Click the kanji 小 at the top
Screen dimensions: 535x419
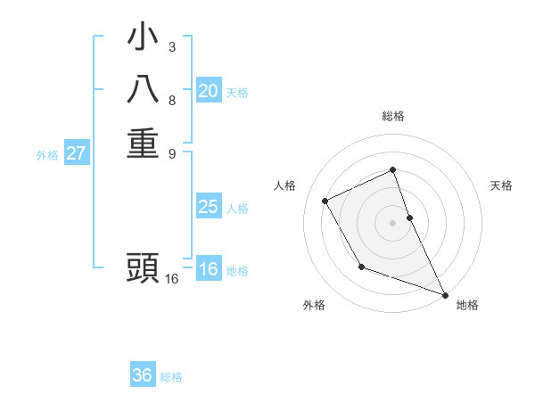click(143, 38)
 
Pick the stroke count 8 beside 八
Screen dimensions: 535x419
click(172, 100)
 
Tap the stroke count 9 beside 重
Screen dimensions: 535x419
click(172, 152)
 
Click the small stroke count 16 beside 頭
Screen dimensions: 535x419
click(172, 279)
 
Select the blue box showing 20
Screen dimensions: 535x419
click(208, 91)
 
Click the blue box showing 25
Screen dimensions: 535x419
click(208, 207)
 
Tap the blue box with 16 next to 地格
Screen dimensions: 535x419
click(208, 270)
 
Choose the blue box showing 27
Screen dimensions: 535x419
click(77, 153)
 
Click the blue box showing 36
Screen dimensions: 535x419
click(143, 375)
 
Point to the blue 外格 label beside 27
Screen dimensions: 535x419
click(47, 154)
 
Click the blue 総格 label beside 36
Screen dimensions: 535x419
click(171, 377)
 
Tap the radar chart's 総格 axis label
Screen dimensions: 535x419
click(393, 116)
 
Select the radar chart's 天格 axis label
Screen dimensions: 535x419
click(502, 185)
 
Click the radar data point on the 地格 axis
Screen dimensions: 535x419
click(446, 295)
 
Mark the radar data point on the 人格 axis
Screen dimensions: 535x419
click(325, 201)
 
